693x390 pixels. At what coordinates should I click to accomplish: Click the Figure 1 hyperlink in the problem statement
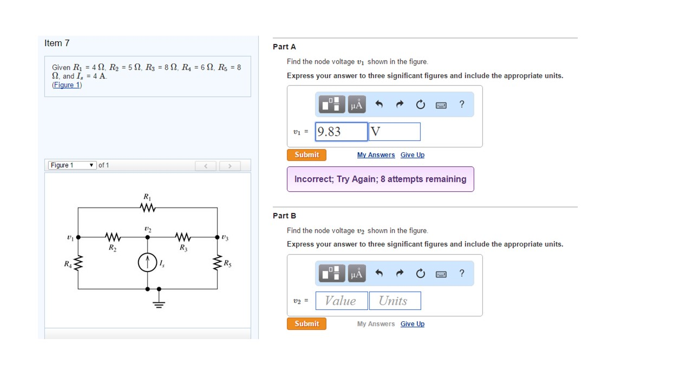(67, 85)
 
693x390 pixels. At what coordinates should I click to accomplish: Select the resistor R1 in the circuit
(148, 208)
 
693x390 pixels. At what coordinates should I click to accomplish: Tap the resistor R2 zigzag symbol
(112, 237)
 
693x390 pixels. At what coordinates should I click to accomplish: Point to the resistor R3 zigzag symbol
(183, 237)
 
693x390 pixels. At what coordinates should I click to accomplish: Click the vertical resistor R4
(78, 264)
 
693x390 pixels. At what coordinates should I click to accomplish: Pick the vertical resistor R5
(218, 264)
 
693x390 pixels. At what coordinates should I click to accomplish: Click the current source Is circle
(147, 263)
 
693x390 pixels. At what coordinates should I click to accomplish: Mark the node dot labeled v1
(78, 237)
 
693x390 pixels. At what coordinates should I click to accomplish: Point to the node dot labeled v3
(218, 237)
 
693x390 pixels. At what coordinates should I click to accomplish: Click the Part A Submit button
(306, 155)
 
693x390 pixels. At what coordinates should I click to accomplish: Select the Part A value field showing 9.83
(341, 132)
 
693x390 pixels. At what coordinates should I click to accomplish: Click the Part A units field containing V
(394, 132)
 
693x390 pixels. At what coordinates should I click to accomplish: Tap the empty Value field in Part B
(341, 301)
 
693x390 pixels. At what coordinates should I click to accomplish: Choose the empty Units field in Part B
(394, 301)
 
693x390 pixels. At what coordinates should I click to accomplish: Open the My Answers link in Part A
(376, 155)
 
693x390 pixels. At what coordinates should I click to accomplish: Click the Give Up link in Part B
(412, 324)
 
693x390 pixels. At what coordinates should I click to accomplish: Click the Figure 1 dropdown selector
(73, 165)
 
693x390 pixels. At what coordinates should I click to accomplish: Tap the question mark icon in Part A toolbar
(461, 105)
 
